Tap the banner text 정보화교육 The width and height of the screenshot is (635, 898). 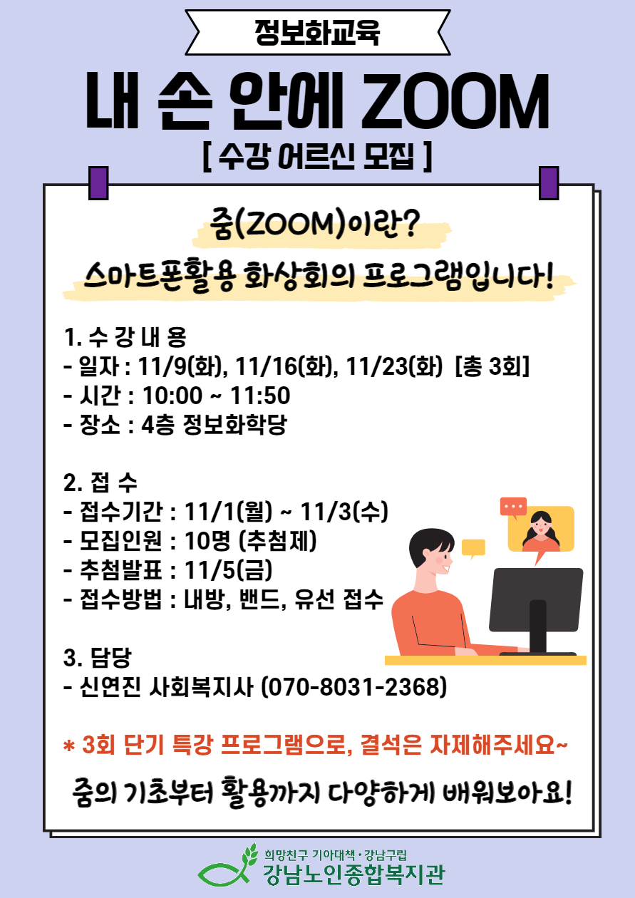pyautogui.click(x=317, y=32)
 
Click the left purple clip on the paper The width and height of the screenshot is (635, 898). pyautogui.click(x=98, y=183)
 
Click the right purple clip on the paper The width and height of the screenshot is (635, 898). pyautogui.click(x=549, y=183)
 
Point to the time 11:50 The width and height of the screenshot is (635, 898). pyautogui.click(x=259, y=396)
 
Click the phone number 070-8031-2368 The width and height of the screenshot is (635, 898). pyautogui.click(x=353, y=687)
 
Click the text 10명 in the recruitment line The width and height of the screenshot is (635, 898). pyautogui.click(x=207, y=541)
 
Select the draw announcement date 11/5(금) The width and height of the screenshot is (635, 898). pyautogui.click(x=228, y=570)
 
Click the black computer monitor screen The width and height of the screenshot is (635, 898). pyautogui.click(x=536, y=599)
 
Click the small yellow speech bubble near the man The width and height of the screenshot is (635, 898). pyautogui.click(x=473, y=548)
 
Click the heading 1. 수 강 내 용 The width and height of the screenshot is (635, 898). pyautogui.click(x=125, y=337)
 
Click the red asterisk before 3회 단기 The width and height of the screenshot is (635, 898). pyautogui.click(x=69, y=745)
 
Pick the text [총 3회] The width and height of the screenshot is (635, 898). pyautogui.click(x=492, y=366)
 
